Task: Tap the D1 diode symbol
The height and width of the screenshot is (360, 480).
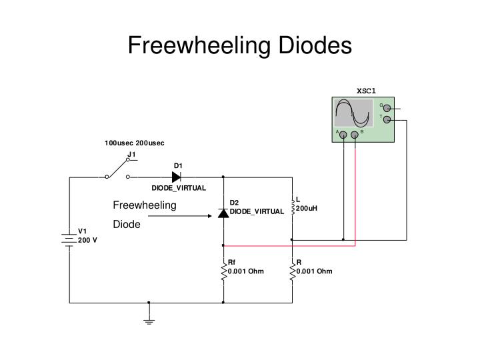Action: coord(176,177)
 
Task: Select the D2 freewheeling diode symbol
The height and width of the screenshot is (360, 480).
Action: coord(223,213)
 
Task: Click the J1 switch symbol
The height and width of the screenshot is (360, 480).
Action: coord(117,175)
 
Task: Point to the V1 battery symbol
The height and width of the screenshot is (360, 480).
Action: coord(69,238)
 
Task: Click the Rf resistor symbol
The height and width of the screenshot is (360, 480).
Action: coord(223,272)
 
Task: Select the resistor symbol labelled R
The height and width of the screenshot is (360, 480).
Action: coord(292,272)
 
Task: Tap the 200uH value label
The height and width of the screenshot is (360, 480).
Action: coord(307,208)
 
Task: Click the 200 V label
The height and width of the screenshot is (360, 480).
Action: coord(87,240)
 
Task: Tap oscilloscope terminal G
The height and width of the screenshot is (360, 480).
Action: coord(387,107)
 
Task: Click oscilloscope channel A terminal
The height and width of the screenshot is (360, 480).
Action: coord(343,135)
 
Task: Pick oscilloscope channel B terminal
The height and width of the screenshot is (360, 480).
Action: coord(355,135)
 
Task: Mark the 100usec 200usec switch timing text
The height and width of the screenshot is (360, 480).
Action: coord(134,143)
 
